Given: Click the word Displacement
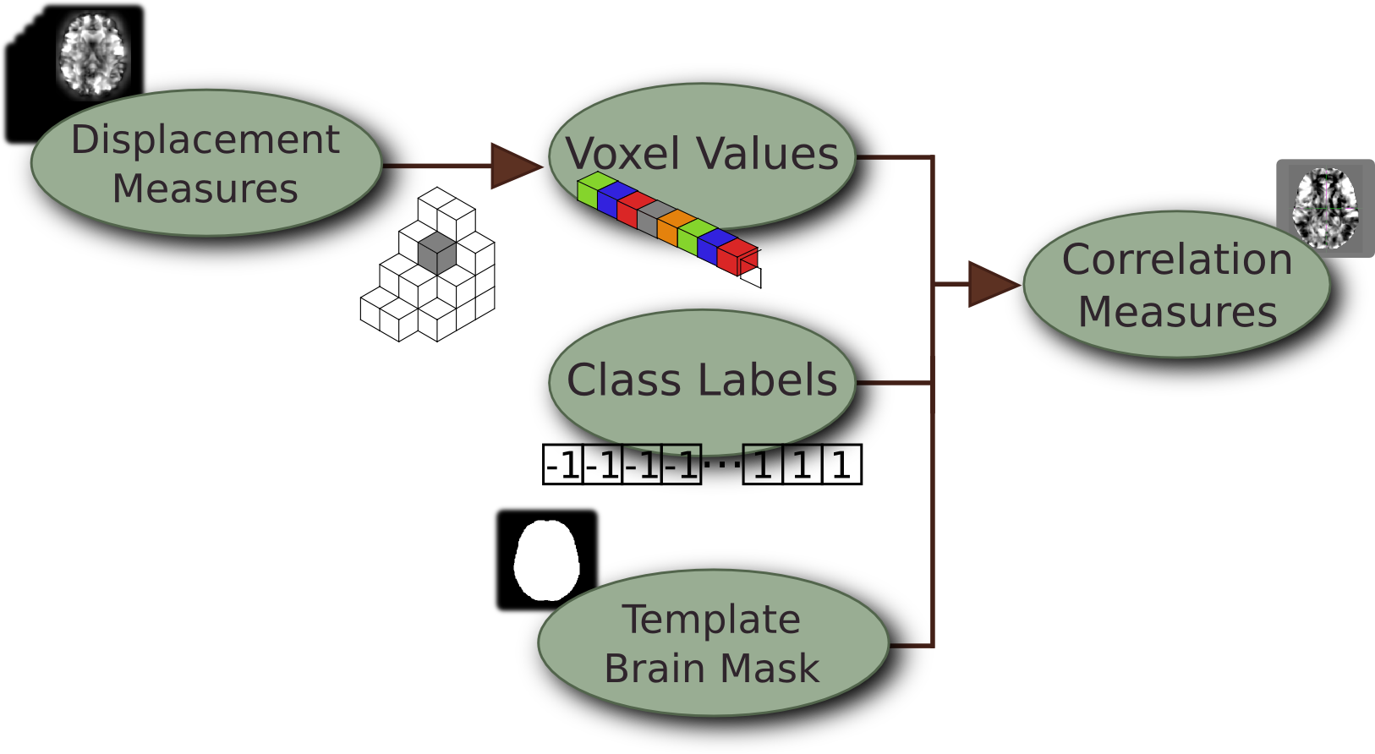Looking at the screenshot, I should point(205,140).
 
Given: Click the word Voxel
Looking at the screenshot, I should point(622,154).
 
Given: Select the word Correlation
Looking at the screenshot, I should point(1177,260).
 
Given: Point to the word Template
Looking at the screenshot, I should point(711,620).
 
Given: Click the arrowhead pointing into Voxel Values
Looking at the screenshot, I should point(514,166).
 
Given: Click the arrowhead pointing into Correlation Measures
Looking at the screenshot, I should point(991,284).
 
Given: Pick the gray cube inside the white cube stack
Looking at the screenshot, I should point(437,254).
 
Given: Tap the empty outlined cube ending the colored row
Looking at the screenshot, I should point(751,272).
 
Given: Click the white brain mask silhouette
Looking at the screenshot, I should point(547,560).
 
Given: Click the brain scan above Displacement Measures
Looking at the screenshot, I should point(93,52).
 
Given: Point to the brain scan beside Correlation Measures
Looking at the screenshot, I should point(1325,208).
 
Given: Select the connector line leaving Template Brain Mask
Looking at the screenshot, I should point(913,646).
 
